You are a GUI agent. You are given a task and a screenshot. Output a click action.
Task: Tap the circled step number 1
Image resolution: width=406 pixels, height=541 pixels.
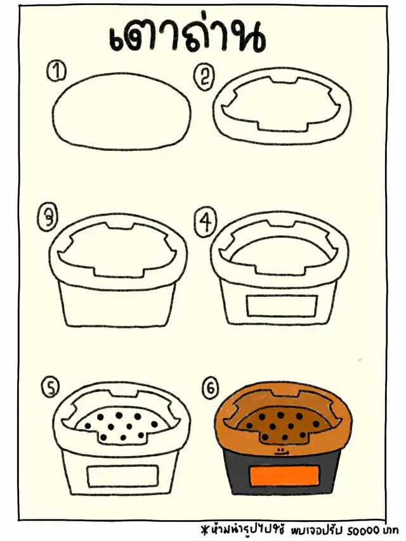pos(56,72)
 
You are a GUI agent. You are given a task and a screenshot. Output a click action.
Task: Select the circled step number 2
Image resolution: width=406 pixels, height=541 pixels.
pos(204,76)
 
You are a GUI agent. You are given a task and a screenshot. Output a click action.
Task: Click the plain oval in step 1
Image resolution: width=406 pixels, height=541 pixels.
pos(122,111)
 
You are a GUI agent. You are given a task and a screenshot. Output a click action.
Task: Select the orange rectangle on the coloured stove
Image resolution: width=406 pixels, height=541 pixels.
pos(284,476)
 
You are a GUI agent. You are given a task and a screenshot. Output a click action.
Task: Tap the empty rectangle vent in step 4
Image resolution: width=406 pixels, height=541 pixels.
pos(282,306)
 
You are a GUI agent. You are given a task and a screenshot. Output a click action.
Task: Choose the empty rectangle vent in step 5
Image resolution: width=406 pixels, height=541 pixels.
pos(123,476)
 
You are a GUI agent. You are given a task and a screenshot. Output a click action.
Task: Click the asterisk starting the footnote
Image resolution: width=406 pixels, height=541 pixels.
pos(206,528)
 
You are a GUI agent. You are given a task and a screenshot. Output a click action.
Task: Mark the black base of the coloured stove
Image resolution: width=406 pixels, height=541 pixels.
pos(283,473)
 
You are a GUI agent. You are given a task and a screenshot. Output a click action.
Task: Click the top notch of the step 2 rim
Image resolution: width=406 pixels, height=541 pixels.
pos(284,81)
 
